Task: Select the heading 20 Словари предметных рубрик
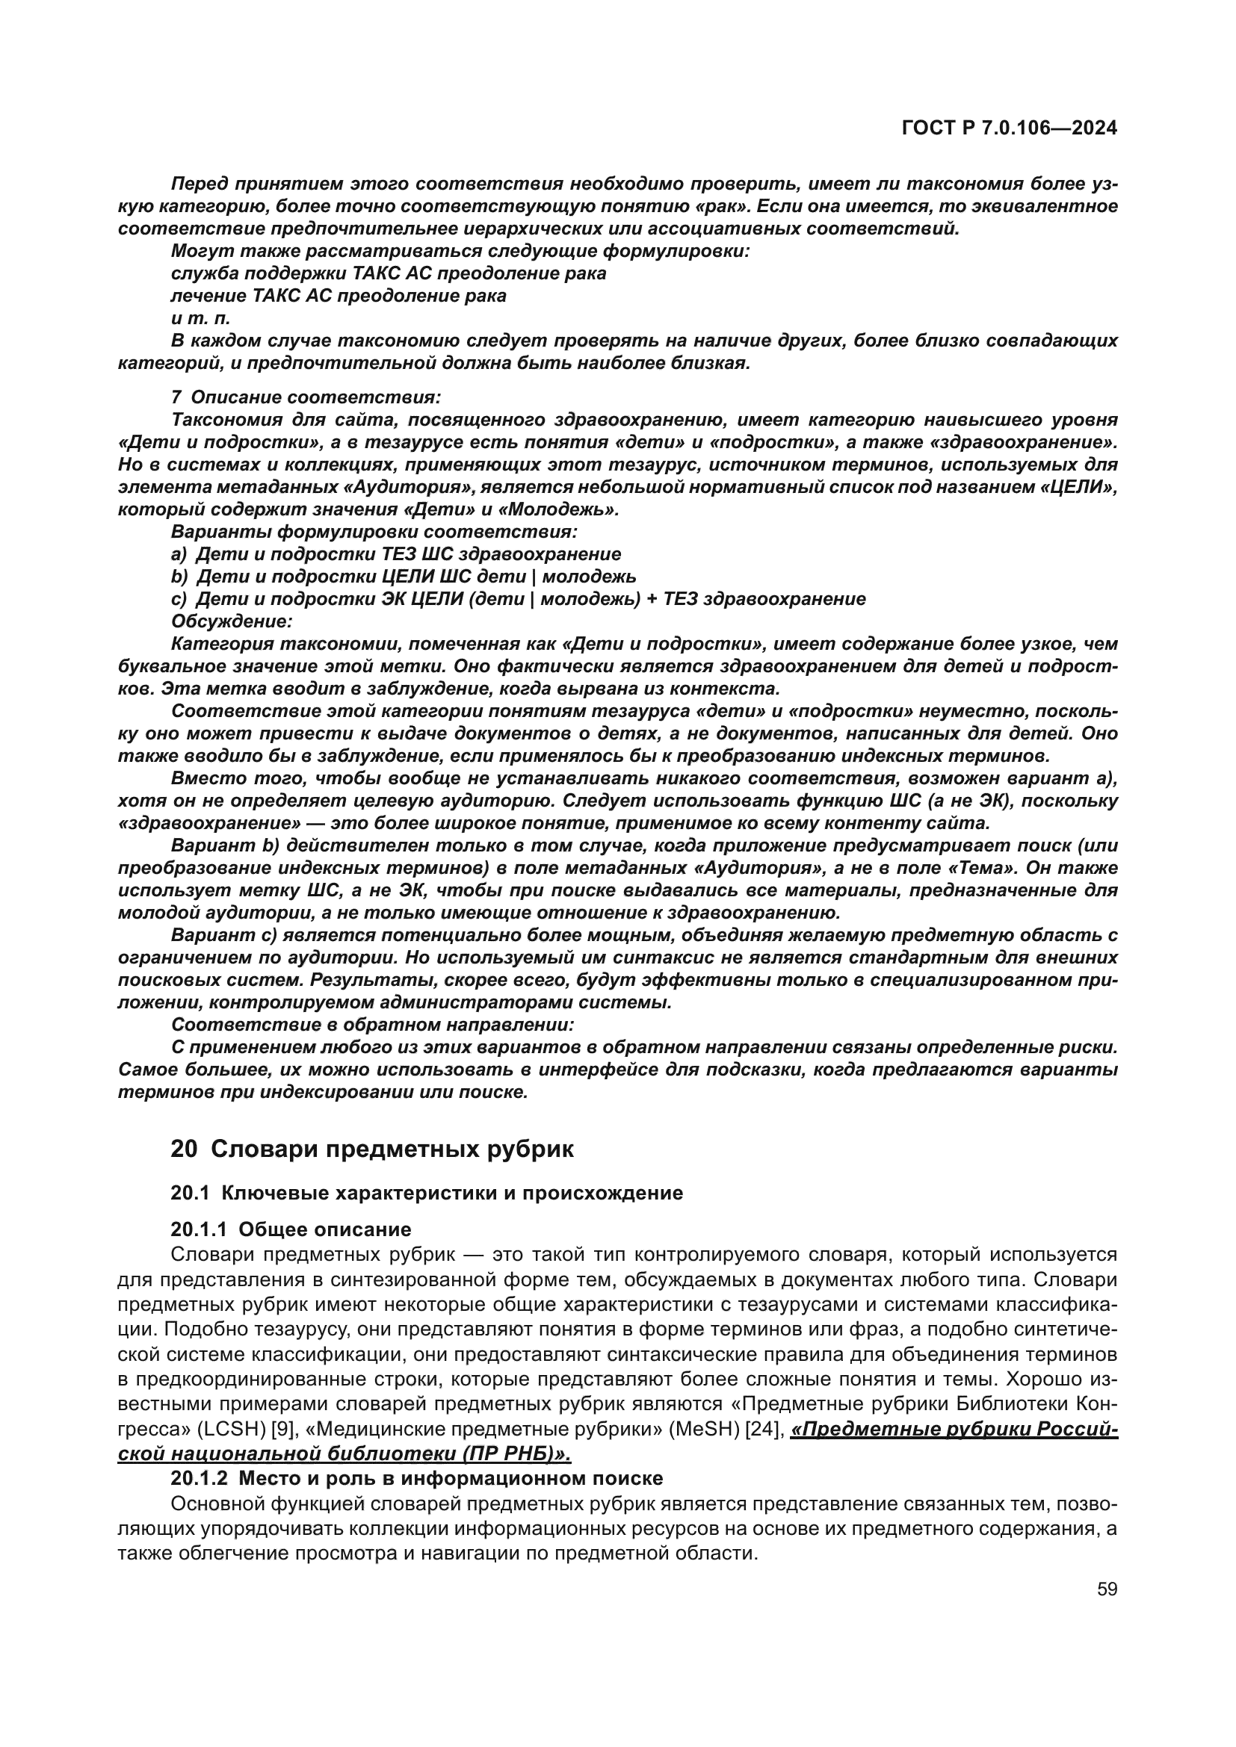372,1149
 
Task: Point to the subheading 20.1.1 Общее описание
291,1229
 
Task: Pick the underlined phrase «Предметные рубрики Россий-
954,1430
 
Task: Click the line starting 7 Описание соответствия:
306,397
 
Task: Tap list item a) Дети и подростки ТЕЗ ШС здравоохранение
396,554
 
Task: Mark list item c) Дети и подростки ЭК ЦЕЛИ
518,599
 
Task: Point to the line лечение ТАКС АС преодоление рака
339,295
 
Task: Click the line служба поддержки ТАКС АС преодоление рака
388,273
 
